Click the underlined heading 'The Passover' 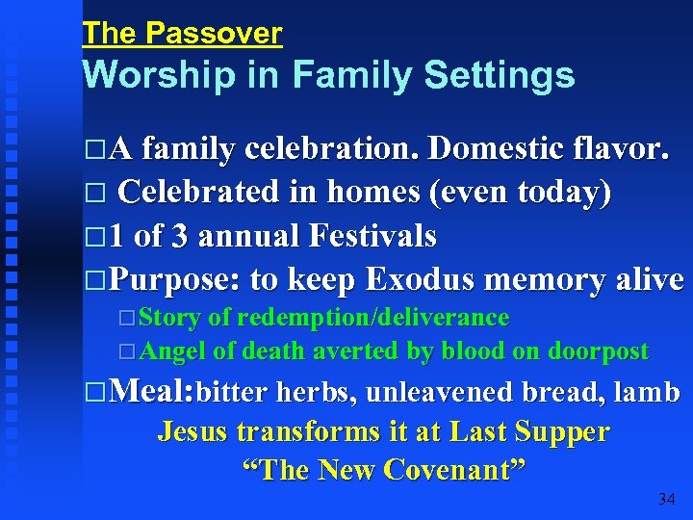(x=182, y=34)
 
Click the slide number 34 (x=666, y=499)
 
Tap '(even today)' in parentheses (x=520, y=193)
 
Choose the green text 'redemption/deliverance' (x=373, y=318)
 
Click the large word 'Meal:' (x=153, y=392)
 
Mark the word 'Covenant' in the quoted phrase (x=453, y=470)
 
